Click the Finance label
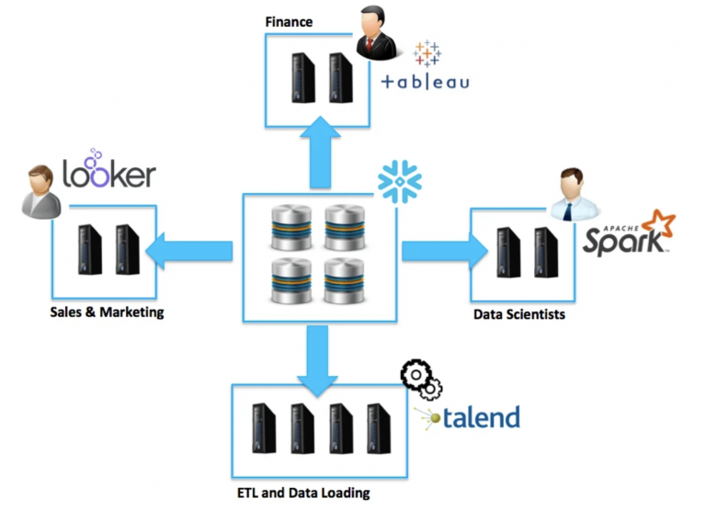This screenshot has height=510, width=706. (289, 22)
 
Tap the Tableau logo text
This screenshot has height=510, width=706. (425, 82)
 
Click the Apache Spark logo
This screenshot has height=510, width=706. (629, 232)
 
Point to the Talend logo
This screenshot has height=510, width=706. (467, 417)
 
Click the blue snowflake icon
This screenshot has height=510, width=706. (399, 181)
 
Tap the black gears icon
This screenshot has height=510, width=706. (421, 379)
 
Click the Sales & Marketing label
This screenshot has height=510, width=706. (107, 312)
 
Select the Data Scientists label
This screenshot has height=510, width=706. (519, 314)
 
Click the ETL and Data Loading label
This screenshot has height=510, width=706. (303, 493)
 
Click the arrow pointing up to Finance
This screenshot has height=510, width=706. (320, 153)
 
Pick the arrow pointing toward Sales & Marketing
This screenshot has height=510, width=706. (189, 251)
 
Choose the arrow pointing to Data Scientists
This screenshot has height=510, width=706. (445, 251)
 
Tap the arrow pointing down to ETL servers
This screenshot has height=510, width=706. (317, 361)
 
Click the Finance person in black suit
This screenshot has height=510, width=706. (376, 32)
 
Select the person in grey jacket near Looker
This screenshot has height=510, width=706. (41, 192)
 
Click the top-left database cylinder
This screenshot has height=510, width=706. (291, 227)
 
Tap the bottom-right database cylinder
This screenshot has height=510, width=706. (345, 280)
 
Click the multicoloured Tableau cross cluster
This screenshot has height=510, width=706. (427, 53)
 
